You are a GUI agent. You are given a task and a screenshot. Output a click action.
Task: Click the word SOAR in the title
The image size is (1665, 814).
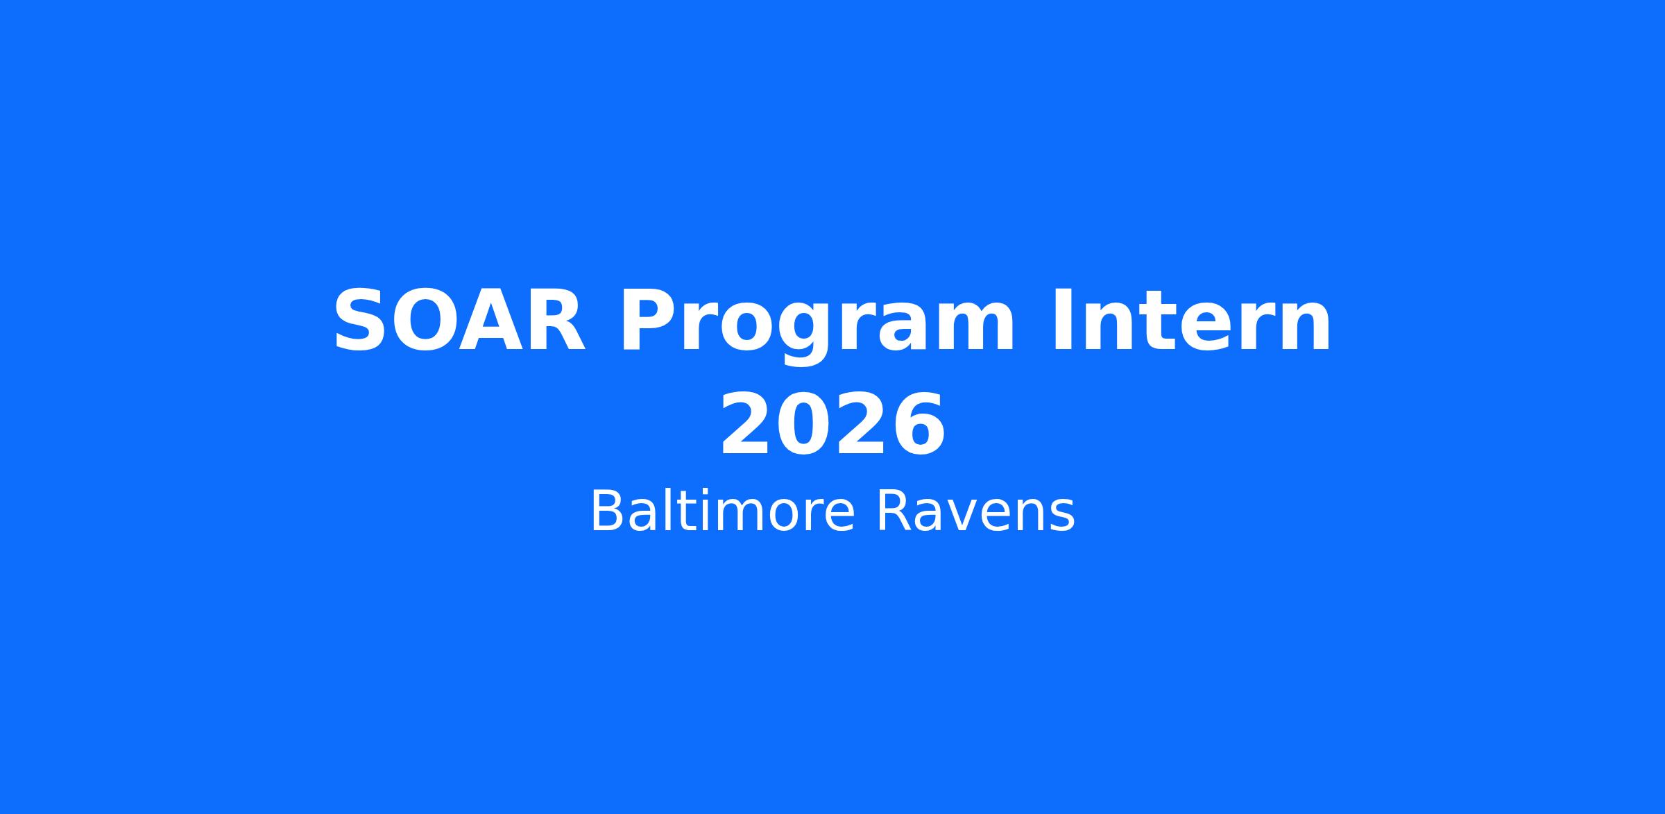point(459,322)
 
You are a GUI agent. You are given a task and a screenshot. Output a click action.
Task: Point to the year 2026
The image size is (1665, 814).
point(832,425)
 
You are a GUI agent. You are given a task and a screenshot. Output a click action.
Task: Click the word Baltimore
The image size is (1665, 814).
point(722,511)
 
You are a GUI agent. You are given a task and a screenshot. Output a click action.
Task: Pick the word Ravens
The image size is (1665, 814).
point(975,511)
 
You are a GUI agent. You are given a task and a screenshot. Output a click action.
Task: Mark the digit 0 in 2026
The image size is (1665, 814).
point(803,425)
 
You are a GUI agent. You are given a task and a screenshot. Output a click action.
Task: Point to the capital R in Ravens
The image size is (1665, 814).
point(894,511)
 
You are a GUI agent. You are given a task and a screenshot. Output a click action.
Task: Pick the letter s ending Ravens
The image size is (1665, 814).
point(1061,517)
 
